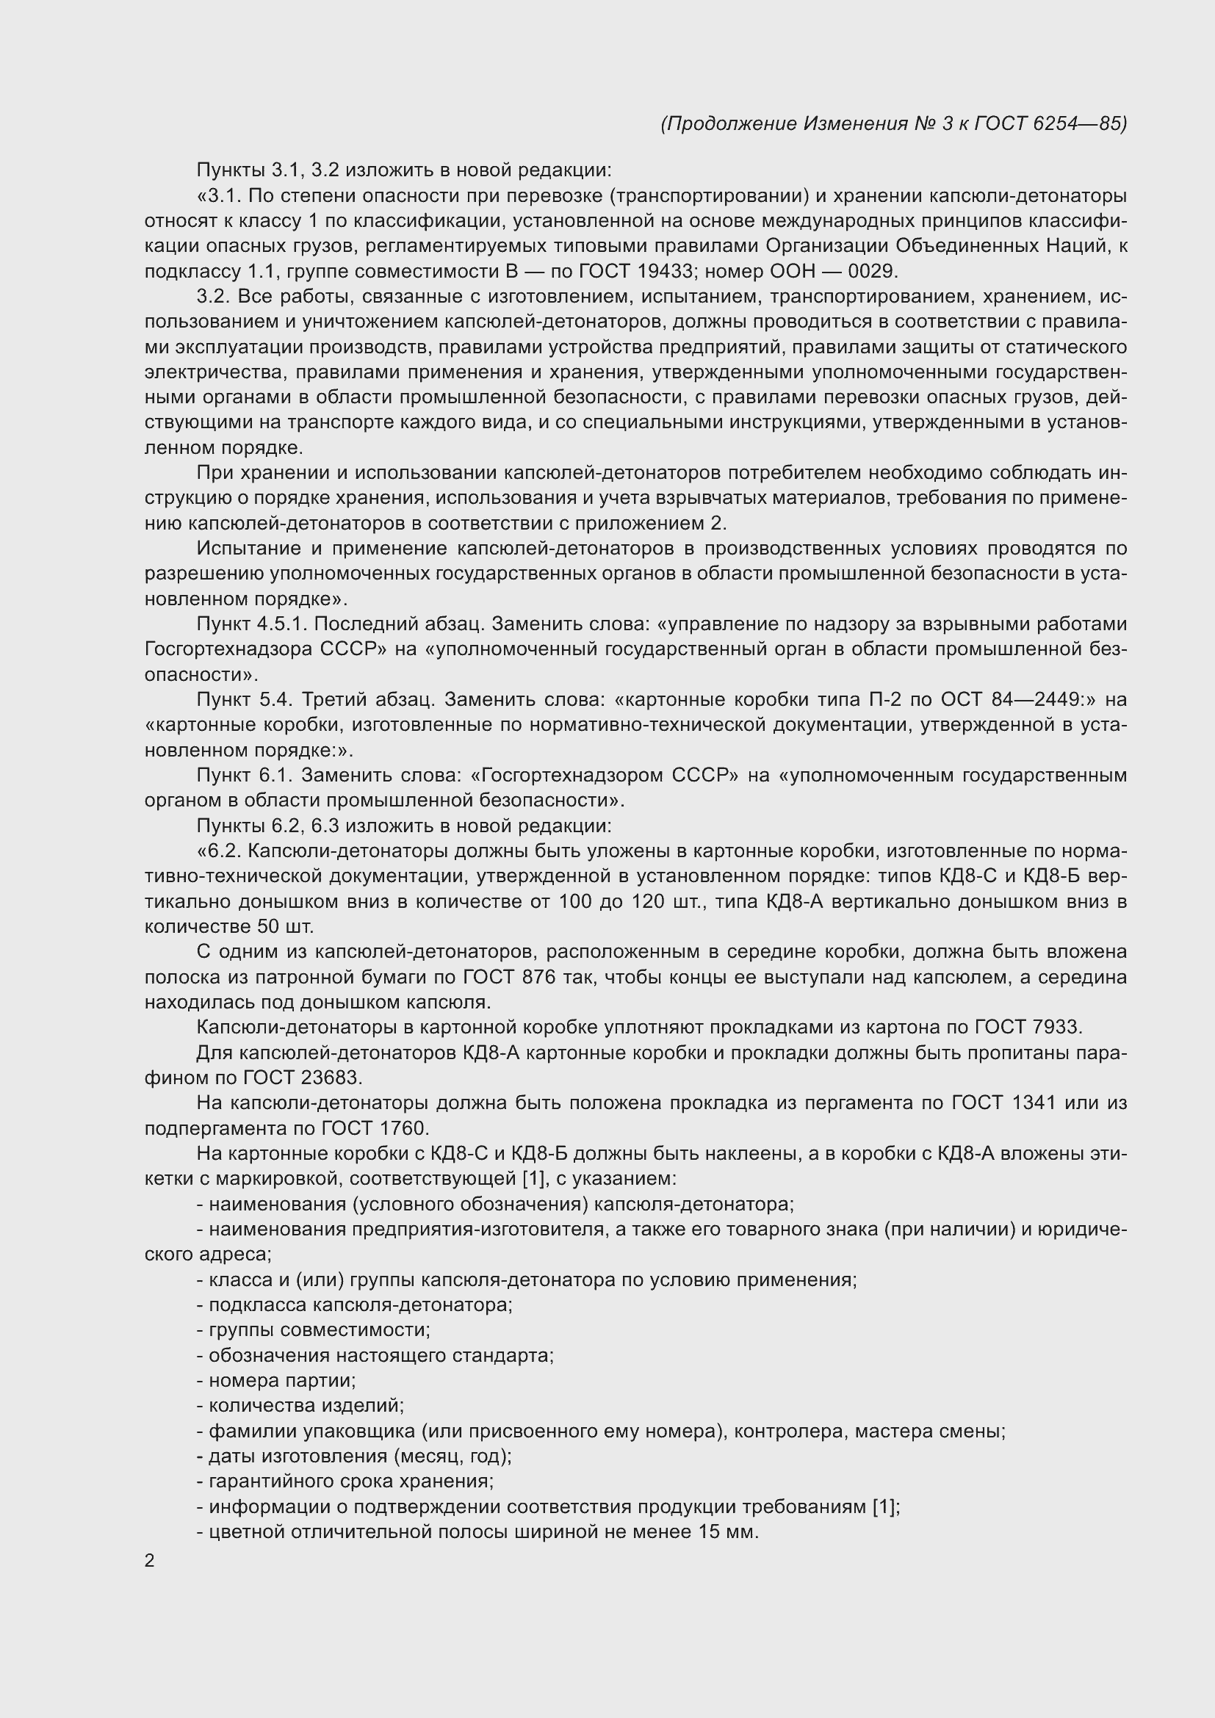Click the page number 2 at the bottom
pos(150,1561)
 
